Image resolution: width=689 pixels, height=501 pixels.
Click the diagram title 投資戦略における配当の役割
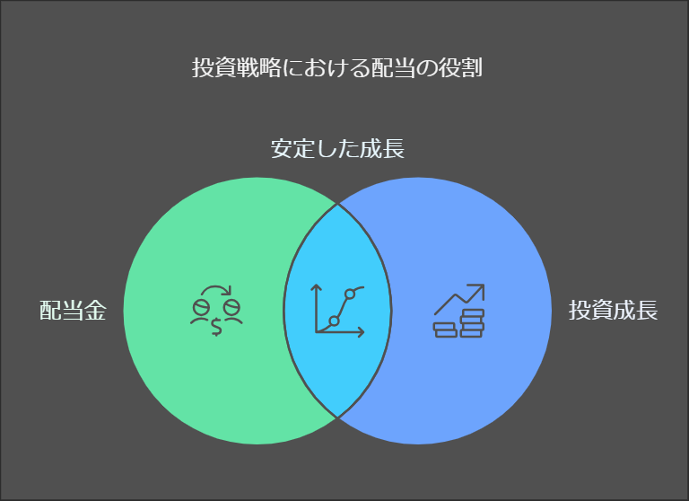[x=337, y=68]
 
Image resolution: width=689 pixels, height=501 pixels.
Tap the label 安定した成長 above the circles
[x=337, y=149]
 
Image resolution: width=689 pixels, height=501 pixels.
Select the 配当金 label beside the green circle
[x=73, y=312]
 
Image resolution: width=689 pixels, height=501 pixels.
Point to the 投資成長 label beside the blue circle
[x=614, y=312]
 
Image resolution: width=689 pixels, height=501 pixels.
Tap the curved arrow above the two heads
[x=216, y=291]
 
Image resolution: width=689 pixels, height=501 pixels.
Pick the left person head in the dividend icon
[x=201, y=308]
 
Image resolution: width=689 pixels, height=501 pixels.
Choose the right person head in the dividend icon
[x=231, y=308]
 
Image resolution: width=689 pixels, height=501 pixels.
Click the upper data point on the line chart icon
[x=351, y=294]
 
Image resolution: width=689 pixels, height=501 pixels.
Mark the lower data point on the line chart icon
[x=334, y=321]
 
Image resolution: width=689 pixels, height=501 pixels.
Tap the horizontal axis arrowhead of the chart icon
[x=362, y=332]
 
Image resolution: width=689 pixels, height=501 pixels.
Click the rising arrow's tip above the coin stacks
[x=481, y=288]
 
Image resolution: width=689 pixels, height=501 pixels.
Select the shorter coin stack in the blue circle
[x=444, y=328]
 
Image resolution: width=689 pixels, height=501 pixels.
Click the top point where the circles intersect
[x=338, y=204]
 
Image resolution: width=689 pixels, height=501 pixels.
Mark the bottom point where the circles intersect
[x=338, y=417]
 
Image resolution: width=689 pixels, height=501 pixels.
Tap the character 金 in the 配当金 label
[x=95, y=312]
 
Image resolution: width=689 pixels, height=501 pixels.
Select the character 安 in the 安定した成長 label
[x=282, y=149]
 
